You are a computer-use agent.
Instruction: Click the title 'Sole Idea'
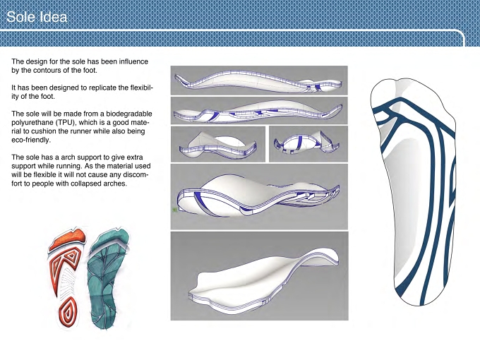pyautogui.click(x=37, y=17)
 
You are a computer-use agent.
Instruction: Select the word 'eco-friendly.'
pyautogui.click(x=30, y=140)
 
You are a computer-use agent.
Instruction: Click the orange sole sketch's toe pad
pyautogui.click(x=67, y=239)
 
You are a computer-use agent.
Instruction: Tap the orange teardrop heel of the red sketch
pyautogui.click(x=68, y=311)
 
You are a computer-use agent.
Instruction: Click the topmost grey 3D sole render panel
pyautogui.click(x=259, y=80)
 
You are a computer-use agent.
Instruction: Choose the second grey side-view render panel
pyautogui.click(x=259, y=111)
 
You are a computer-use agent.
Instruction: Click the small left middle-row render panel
pyautogui.click(x=218, y=144)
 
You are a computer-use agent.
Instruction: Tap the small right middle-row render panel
pyautogui.click(x=308, y=144)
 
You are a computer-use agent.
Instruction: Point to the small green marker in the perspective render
pyautogui.click(x=175, y=210)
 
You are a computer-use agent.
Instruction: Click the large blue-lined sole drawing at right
pyautogui.click(x=413, y=191)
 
